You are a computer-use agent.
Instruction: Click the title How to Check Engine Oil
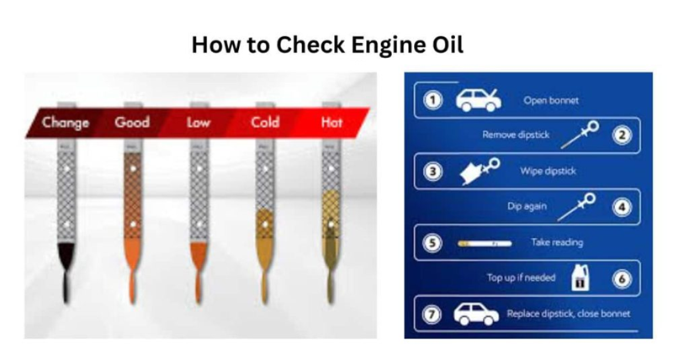(x=327, y=44)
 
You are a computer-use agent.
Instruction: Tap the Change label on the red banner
(x=66, y=123)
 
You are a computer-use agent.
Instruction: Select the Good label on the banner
(x=132, y=123)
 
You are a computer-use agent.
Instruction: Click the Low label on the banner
(x=199, y=123)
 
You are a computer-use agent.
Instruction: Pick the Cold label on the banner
(x=265, y=123)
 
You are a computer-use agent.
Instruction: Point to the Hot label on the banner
(x=332, y=123)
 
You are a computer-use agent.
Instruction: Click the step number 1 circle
(x=432, y=101)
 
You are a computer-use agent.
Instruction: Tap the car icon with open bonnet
(x=478, y=100)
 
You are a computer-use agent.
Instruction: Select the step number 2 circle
(x=622, y=135)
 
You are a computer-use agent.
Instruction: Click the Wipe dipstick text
(x=543, y=172)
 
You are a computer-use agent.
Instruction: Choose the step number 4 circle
(x=622, y=206)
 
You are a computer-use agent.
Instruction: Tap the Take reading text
(x=556, y=243)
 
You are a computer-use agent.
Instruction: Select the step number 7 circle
(x=432, y=315)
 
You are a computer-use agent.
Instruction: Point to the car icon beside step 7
(x=476, y=315)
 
